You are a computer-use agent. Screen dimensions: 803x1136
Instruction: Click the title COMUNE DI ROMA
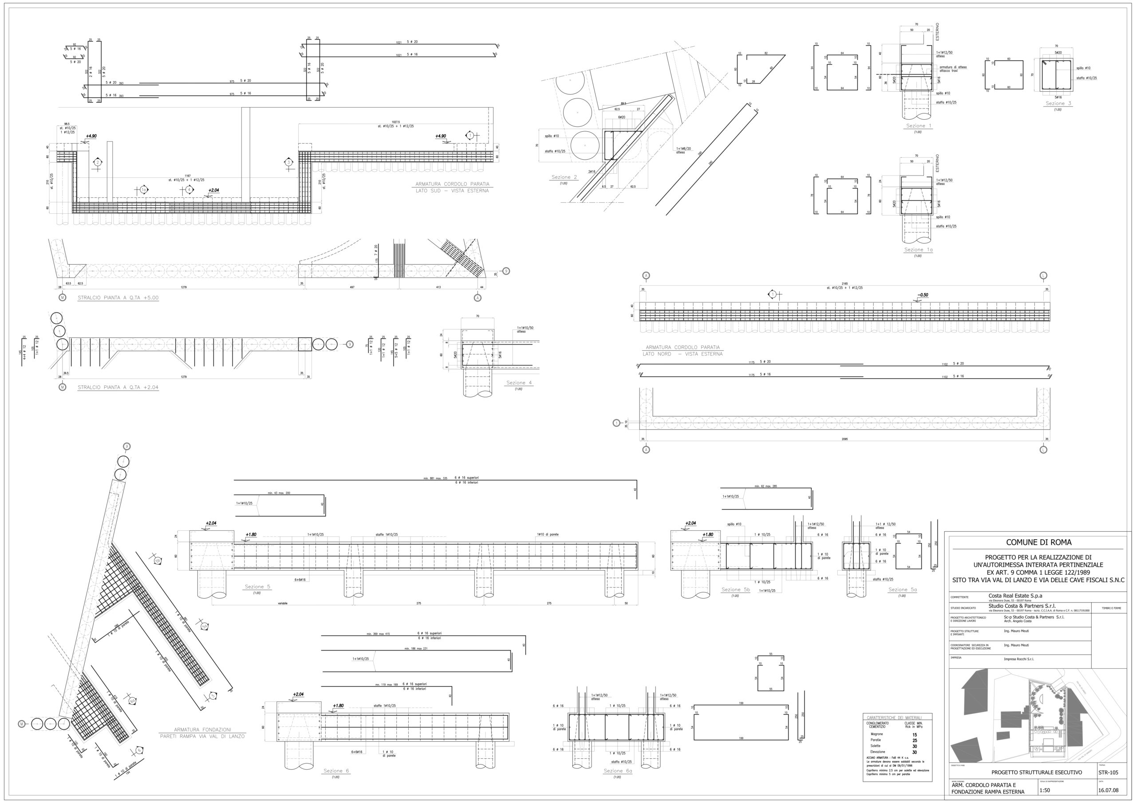tap(1038, 542)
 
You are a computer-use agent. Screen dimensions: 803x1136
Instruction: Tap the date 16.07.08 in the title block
tap(1108, 790)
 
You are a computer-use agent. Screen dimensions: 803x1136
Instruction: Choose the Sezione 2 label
tap(564, 177)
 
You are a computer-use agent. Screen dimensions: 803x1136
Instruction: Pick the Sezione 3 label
tap(1058, 103)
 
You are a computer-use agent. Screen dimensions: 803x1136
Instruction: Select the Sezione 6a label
tap(617, 771)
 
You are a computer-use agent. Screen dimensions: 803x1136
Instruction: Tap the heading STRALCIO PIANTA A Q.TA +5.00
tap(118, 298)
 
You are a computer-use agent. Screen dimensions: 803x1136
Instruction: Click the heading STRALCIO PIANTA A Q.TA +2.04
tap(118, 388)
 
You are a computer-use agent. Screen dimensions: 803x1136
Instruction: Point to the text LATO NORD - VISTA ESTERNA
tap(682, 354)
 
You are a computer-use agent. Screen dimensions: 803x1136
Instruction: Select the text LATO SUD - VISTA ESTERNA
tap(452, 191)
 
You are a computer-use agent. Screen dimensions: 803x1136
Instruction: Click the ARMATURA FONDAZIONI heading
tap(202, 730)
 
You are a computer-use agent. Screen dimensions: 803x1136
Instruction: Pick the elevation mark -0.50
tap(923, 295)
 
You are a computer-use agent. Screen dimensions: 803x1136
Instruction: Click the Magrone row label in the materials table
tap(877, 734)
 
